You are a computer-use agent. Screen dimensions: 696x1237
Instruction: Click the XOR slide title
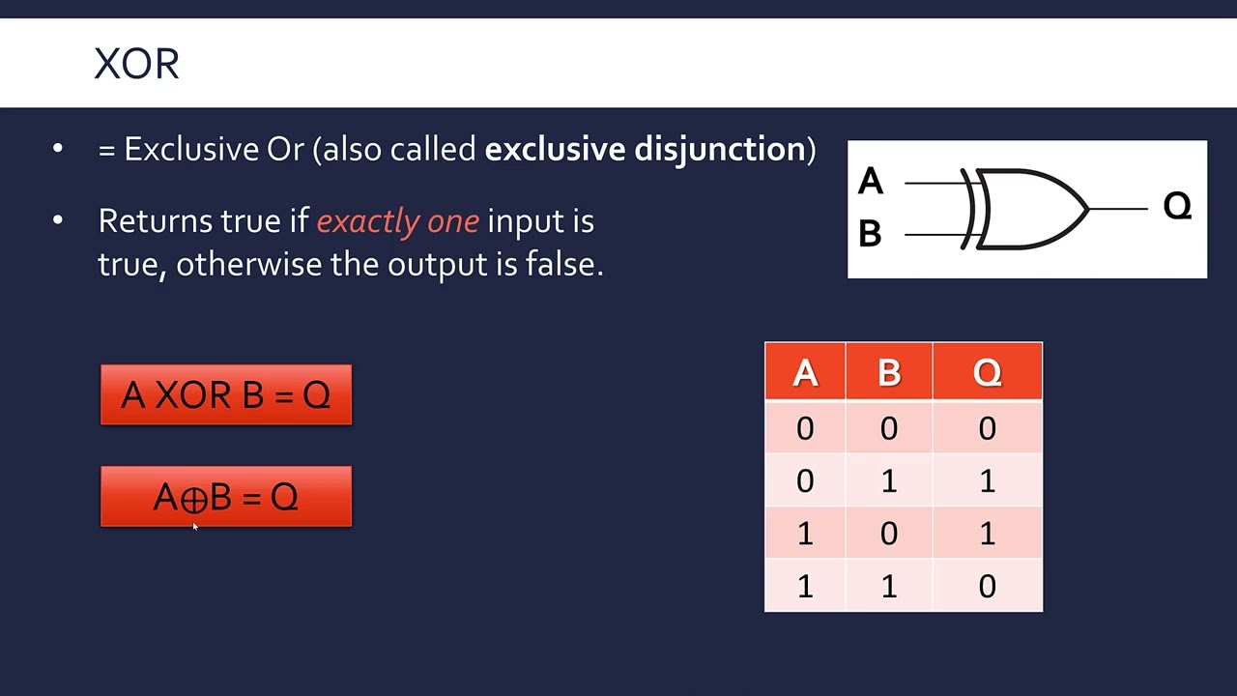136,64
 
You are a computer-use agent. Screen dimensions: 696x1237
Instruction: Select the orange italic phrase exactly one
397,221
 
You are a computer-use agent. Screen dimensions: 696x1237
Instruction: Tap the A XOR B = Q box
226,395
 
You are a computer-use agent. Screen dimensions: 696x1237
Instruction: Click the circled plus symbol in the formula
194,499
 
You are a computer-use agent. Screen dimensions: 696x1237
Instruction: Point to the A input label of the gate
870,181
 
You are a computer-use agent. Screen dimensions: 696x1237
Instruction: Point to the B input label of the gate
870,233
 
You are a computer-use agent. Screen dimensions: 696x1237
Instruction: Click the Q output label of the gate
1176,206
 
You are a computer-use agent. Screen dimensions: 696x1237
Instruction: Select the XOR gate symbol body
1029,208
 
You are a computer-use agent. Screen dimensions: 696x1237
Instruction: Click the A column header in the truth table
805,372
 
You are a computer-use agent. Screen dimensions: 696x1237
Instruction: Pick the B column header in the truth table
888,372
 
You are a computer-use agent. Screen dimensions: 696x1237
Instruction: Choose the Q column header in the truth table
987,372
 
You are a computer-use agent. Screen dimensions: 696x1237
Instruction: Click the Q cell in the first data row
987,428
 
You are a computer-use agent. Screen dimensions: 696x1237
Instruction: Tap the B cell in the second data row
888,480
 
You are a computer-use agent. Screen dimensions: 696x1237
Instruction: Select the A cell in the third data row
805,533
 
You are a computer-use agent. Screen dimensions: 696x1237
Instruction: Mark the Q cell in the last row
987,586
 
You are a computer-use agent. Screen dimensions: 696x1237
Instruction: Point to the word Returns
155,221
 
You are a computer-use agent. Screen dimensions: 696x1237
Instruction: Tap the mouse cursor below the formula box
194,526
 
